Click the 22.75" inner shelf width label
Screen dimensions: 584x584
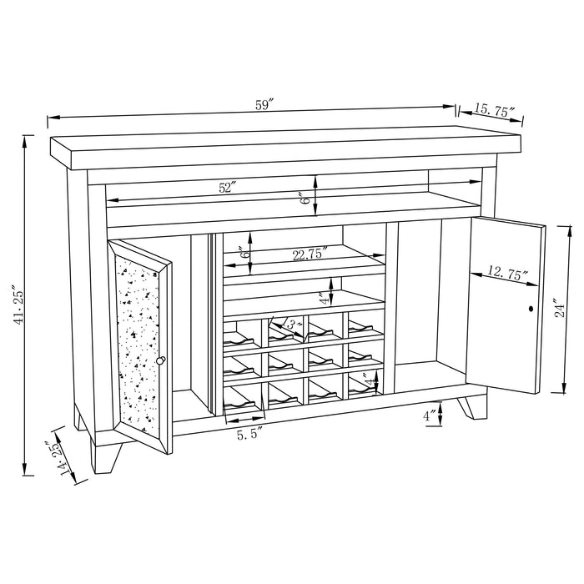click(309, 254)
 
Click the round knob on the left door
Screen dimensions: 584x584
click(161, 360)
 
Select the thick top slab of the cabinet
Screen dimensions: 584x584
click(284, 146)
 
